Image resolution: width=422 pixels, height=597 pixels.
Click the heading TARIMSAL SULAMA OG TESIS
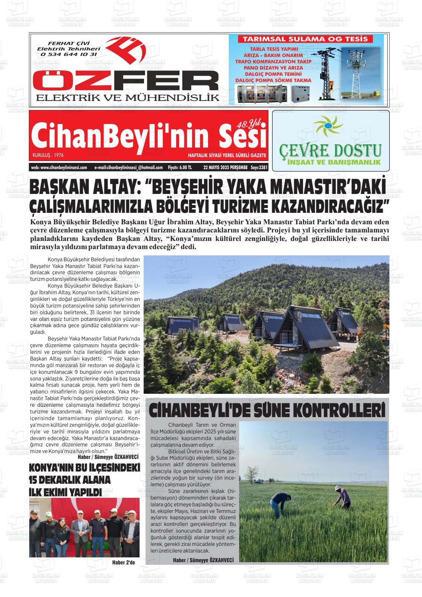click(305, 39)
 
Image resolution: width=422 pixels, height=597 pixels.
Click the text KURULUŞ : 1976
click(48, 155)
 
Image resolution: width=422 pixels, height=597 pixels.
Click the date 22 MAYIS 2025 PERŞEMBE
click(225, 167)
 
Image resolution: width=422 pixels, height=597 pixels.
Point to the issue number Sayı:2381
click(259, 167)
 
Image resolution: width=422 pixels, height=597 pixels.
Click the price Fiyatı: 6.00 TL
click(180, 167)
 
